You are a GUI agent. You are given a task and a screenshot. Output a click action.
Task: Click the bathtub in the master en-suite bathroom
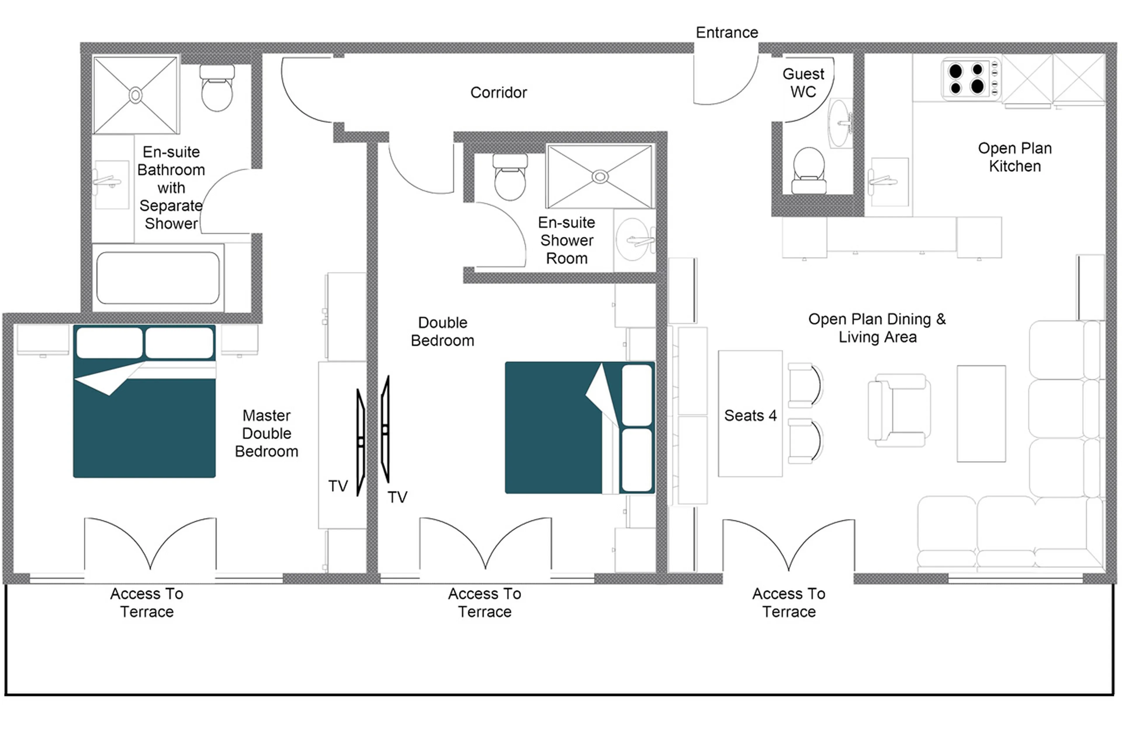(x=158, y=278)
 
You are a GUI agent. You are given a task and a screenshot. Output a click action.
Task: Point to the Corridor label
(x=498, y=93)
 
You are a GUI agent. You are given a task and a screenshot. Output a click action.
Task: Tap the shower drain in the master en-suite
(x=135, y=95)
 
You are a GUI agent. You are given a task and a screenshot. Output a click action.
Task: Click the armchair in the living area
(x=898, y=410)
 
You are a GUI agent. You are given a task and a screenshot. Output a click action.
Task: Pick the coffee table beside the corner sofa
(x=981, y=414)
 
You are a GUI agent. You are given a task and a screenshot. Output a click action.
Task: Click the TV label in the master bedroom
(x=337, y=486)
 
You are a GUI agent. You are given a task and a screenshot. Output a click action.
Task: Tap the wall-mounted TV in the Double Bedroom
(x=385, y=429)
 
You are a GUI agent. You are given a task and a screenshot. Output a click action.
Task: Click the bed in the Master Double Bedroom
(x=144, y=401)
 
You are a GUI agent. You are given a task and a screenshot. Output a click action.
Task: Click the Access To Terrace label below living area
(x=788, y=602)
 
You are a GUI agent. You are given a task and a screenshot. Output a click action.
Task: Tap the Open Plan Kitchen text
(x=1014, y=157)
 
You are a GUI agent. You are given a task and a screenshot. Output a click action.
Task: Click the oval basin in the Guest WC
(x=839, y=123)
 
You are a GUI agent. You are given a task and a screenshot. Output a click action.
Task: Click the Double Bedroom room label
(x=442, y=332)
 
